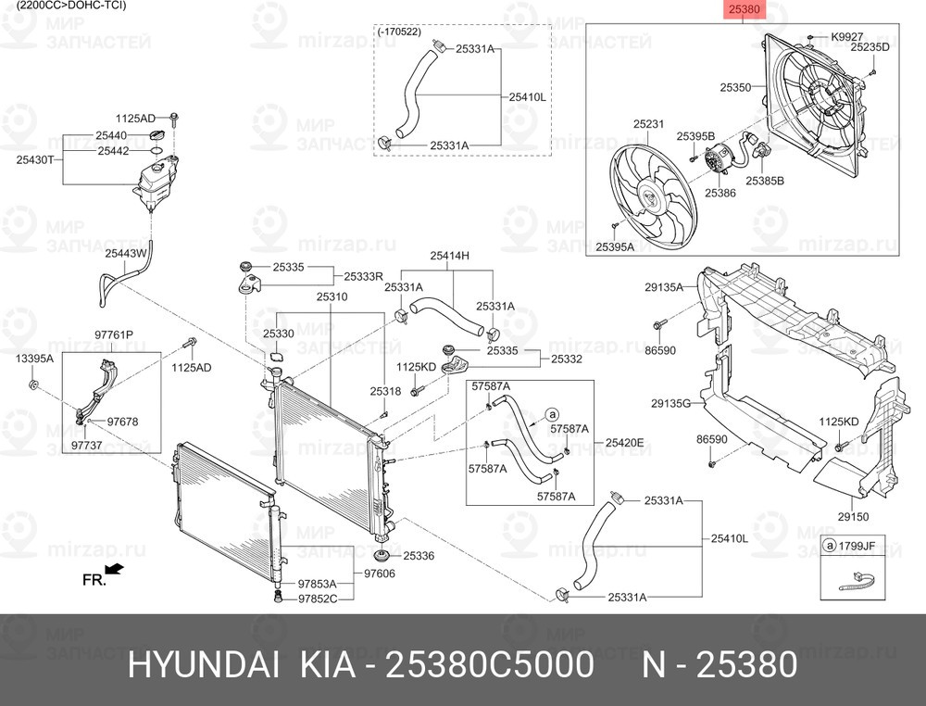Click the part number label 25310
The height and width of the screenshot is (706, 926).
click(x=332, y=297)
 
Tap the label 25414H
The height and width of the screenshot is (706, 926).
click(x=450, y=256)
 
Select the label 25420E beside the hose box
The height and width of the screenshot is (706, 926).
click(x=624, y=442)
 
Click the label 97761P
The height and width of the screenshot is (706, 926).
click(x=114, y=334)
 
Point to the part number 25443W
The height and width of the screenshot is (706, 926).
click(x=125, y=252)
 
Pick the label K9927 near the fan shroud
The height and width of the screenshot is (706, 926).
click(x=846, y=36)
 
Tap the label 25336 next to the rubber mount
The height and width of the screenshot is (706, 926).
click(x=418, y=556)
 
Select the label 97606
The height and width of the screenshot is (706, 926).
click(x=379, y=574)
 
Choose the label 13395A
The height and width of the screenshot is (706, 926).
click(x=35, y=357)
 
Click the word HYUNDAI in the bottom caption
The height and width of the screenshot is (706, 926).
click(x=203, y=664)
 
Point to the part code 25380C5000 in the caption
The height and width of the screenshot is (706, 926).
click(x=489, y=664)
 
